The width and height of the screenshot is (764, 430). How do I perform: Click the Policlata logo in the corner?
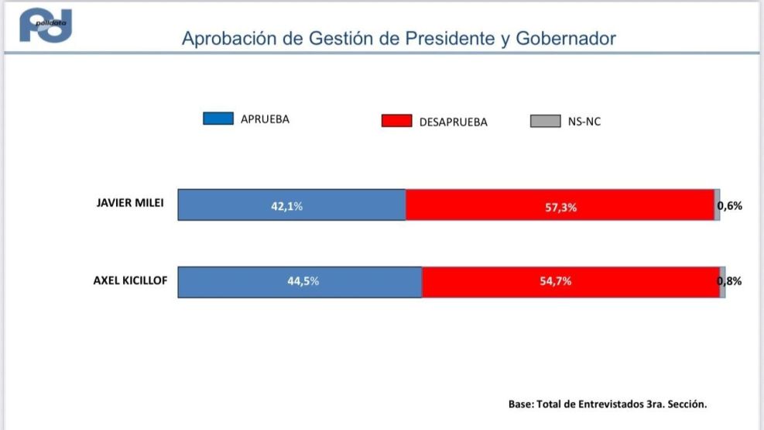coord(46,26)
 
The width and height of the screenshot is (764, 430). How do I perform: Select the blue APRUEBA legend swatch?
coord(218,119)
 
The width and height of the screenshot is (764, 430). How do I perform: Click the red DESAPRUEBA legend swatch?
coord(396,121)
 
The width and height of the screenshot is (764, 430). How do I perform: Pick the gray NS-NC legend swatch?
coord(545,121)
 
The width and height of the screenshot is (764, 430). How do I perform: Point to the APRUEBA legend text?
coord(265,119)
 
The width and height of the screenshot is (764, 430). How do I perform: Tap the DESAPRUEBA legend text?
coord(453,122)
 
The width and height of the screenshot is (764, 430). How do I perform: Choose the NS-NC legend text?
coord(584,122)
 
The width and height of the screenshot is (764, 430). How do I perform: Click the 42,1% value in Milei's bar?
coord(286,206)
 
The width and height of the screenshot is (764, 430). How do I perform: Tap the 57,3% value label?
coord(560,207)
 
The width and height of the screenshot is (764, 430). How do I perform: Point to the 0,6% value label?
coord(730,206)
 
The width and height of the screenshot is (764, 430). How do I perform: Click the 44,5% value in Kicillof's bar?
coord(303,281)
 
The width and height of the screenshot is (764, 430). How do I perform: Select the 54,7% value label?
coord(555,281)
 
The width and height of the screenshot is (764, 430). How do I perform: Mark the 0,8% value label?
coord(731,281)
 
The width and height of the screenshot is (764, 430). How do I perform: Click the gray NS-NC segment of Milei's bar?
coord(717,205)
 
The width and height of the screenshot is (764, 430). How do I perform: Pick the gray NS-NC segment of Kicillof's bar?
coord(722,282)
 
